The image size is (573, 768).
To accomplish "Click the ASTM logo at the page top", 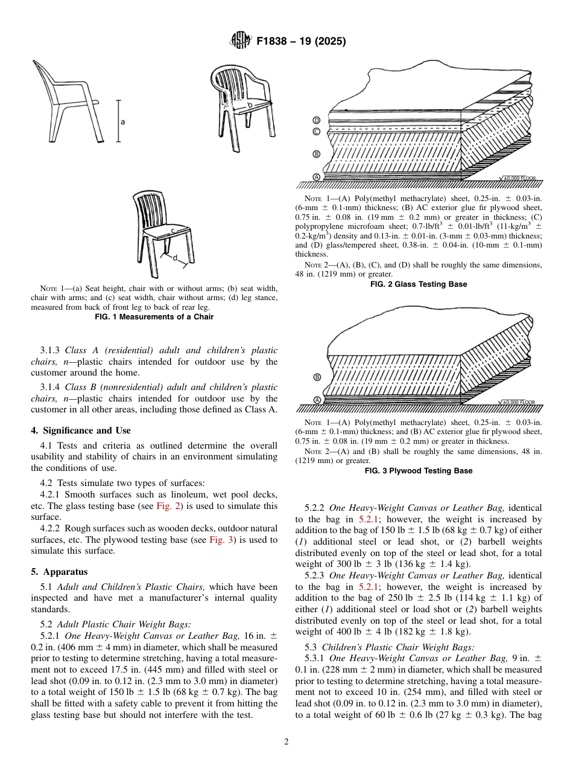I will click(x=240, y=42).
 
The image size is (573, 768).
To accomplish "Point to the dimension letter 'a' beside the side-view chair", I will click(x=123, y=121).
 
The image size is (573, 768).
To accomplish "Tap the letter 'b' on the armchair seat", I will click(x=249, y=105).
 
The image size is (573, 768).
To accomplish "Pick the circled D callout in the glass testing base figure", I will click(x=316, y=120).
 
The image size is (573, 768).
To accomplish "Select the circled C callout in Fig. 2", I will click(x=316, y=131).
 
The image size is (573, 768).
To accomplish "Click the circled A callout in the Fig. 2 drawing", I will click(x=316, y=176).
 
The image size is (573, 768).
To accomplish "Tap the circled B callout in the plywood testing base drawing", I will click(x=316, y=377).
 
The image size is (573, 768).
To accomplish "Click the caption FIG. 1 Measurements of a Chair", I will click(x=154, y=316).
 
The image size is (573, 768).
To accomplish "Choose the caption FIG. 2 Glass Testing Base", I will click(x=418, y=284).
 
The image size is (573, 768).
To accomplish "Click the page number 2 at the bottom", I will click(x=286, y=742).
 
